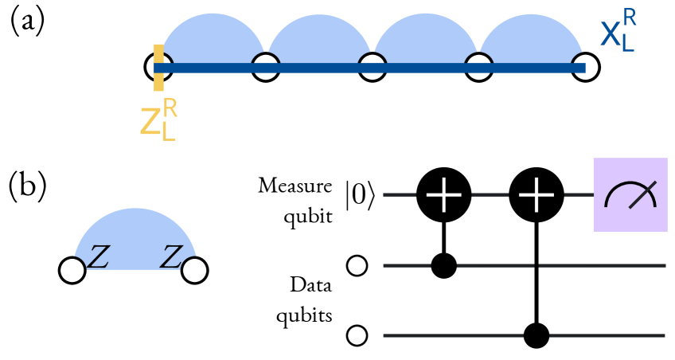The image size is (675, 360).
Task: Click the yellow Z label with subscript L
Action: coord(158,120)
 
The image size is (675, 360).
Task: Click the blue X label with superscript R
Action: coord(618,31)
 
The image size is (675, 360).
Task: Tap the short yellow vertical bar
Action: coord(158,67)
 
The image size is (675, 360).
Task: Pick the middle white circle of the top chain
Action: coord(373,67)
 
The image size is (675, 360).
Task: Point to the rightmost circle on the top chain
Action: coord(585,67)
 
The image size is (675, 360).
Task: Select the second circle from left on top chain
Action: coord(266,67)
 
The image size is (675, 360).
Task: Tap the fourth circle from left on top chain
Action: coord(478,67)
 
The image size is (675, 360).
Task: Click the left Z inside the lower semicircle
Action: coord(98,257)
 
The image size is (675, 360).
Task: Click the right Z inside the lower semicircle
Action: coord(171,257)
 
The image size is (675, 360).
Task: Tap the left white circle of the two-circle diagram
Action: coord(72,270)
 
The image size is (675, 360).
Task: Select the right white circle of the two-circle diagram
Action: coord(194,270)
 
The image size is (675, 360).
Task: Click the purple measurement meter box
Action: coord(630,194)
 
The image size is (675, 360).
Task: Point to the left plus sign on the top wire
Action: coord(443,194)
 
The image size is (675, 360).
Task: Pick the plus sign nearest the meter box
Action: coord(536,194)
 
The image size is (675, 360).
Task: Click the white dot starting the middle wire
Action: coord(357,265)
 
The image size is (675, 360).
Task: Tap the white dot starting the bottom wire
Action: coord(357,335)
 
